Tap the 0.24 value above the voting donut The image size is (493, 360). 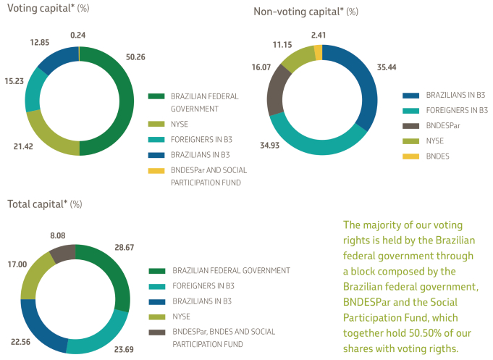tap(78, 34)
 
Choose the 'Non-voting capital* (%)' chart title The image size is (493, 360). tap(306, 11)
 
